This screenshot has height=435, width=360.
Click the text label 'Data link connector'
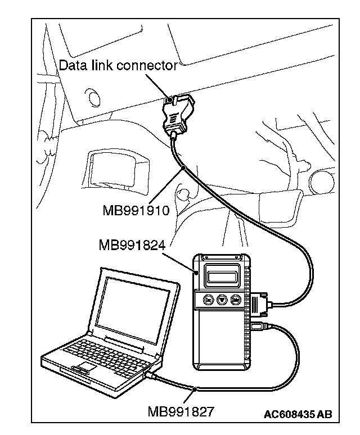coord(118,65)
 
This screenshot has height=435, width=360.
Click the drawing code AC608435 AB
coord(298,414)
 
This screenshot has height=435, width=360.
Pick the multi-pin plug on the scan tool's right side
coord(260,306)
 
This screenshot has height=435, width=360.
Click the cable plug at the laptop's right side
coord(152,375)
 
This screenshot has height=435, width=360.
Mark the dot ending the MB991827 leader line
coord(193,389)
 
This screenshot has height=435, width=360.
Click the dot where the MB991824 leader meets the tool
coord(197,272)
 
